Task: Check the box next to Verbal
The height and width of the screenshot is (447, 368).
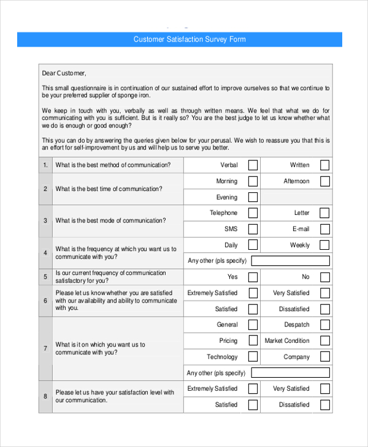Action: coord(253,165)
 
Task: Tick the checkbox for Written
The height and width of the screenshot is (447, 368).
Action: coord(324,165)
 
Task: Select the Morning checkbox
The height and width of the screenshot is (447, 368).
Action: coord(253,181)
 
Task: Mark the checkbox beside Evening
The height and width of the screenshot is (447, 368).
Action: coord(253,197)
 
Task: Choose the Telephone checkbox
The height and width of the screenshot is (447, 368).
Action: coord(253,213)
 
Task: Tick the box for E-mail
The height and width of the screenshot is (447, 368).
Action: coord(324,229)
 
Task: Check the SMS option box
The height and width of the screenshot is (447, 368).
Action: coord(253,229)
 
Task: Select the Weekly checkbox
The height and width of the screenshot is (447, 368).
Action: coord(324,245)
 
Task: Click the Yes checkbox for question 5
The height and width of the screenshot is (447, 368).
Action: coord(253,277)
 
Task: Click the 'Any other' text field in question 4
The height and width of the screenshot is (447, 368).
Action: coord(290,261)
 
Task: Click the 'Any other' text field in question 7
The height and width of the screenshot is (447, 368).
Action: coord(290,373)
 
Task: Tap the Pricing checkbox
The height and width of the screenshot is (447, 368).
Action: coord(253,340)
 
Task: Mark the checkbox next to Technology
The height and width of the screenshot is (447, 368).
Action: coord(253,357)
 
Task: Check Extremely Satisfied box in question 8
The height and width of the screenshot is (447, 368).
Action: coord(253,389)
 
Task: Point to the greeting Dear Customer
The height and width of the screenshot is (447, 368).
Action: coord(64,73)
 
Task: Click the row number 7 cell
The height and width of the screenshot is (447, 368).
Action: coord(45,348)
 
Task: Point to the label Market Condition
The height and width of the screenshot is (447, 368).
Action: coord(287,340)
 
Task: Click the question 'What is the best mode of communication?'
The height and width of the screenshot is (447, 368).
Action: coord(110,220)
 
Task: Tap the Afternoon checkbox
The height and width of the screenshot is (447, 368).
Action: coord(324,181)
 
